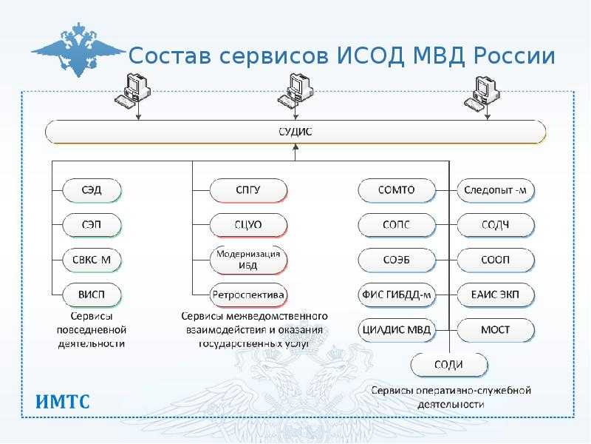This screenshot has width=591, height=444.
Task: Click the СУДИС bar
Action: click(295, 132)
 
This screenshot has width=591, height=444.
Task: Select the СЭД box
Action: click(92, 190)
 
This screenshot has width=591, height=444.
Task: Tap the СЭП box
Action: click(92, 225)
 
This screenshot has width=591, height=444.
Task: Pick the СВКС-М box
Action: click(92, 260)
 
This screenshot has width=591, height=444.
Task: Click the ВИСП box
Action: click(92, 295)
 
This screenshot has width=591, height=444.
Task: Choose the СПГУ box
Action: click(247, 190)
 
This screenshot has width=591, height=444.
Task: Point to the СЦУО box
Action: click(247, 225)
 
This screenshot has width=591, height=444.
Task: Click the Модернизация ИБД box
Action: click(247, 260)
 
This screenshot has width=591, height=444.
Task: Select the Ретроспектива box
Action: click(247, 295)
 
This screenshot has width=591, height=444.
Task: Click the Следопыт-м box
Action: click(496, 190)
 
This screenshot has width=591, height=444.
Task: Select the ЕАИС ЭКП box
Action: click(496, 295)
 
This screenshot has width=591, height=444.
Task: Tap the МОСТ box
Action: click(496, 329)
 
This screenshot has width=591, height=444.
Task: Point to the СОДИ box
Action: click(449, 365)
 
